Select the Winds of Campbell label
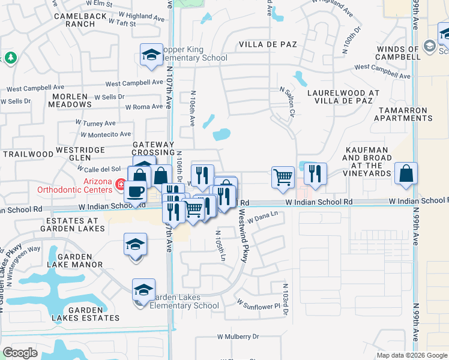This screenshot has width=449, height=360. (398, 52)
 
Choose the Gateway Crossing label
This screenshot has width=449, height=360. (153, 149)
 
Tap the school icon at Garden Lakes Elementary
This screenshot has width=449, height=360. (143, 290)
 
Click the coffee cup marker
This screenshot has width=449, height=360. (135, 192)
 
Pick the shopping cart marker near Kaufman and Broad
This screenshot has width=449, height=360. (283, 177)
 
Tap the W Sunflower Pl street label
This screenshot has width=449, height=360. (258, 305)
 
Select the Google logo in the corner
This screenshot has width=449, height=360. (20, 353)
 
